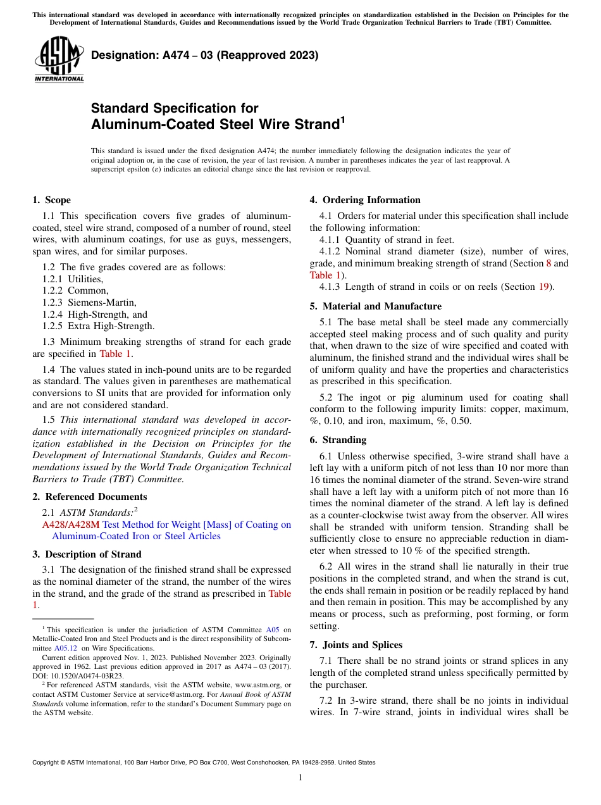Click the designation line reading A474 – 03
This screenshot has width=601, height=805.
click(204, 56)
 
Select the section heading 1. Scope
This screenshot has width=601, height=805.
click(51, 200)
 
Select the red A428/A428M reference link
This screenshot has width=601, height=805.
click(71, 525)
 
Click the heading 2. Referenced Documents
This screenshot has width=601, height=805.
click(89, 497)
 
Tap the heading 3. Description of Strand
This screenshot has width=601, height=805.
click(87, 554)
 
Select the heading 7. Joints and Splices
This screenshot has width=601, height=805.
click(356, 645)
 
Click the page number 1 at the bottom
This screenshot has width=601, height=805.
click(300, 778)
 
